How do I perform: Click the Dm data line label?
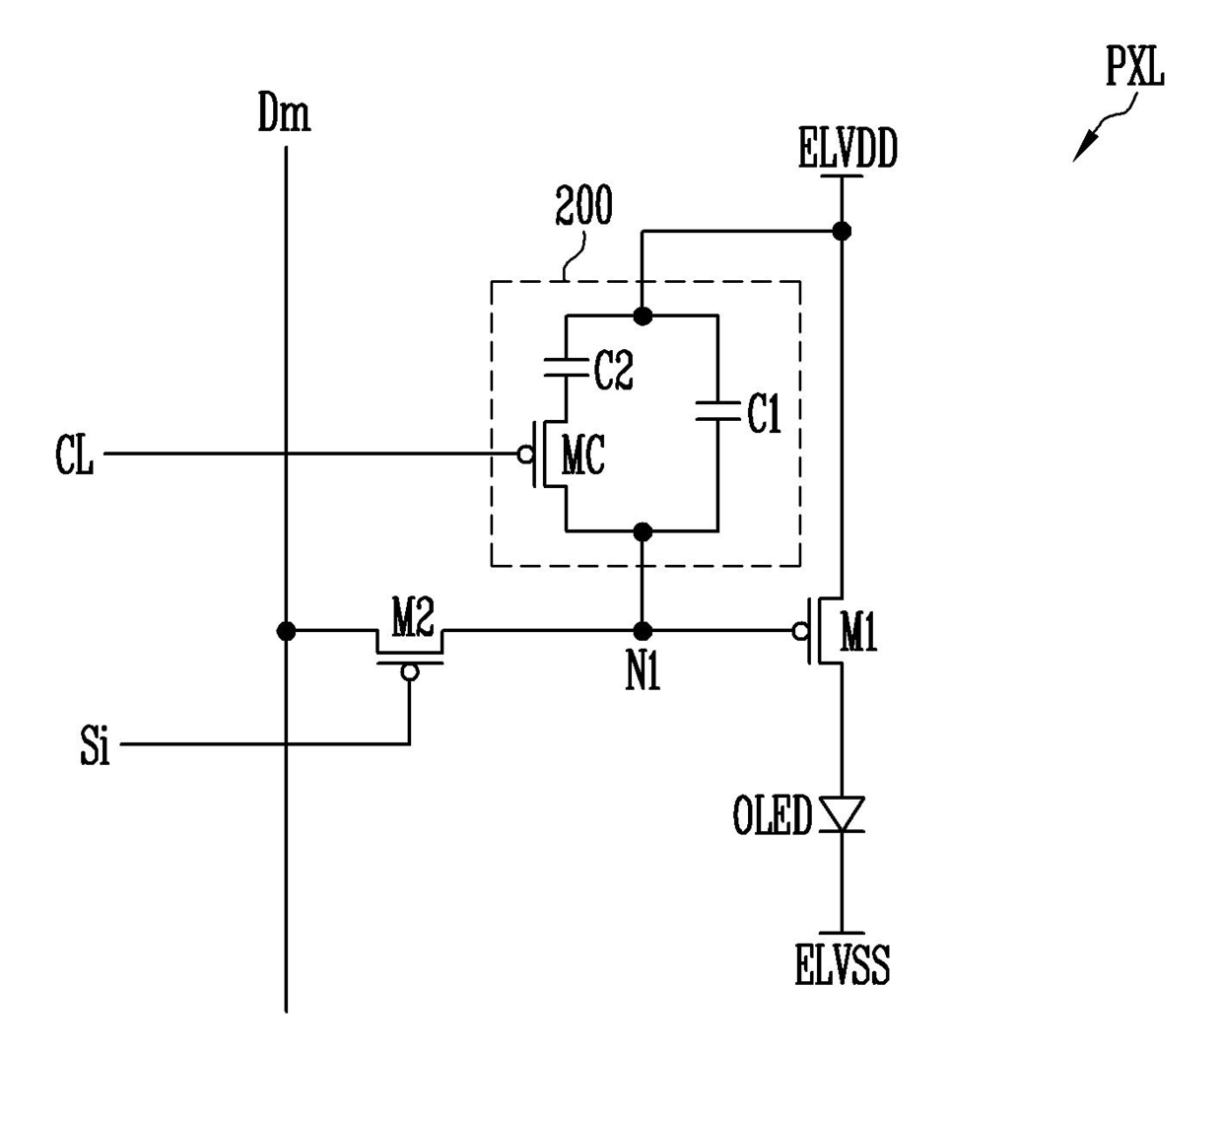click(x=284, y=112)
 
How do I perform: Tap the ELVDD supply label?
click(x=848, y=148)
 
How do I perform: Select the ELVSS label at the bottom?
click(x=842, y=964)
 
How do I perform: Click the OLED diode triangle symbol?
click(x=842, y=814)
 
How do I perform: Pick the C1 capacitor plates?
click(x=717, y=411)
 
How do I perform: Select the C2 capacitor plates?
click(x=566, y=366)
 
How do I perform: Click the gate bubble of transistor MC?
click(x=525, y=455)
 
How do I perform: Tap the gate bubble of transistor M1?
click(x=800, y=632)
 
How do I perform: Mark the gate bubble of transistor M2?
click(x=410, y=672)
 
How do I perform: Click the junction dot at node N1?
click(x=643, y=631)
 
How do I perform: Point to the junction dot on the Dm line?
click(x=286, y=631)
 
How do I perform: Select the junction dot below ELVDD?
click(x=842, y=231)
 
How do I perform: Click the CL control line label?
click(x=74, y=455)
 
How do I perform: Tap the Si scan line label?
click(x=95, y=744)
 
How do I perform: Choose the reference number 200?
click(x=583, y=205)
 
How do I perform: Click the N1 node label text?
click(x=643, y=672)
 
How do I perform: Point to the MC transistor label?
click(x=583, y=455)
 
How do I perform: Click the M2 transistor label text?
click(x=413, y=617)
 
